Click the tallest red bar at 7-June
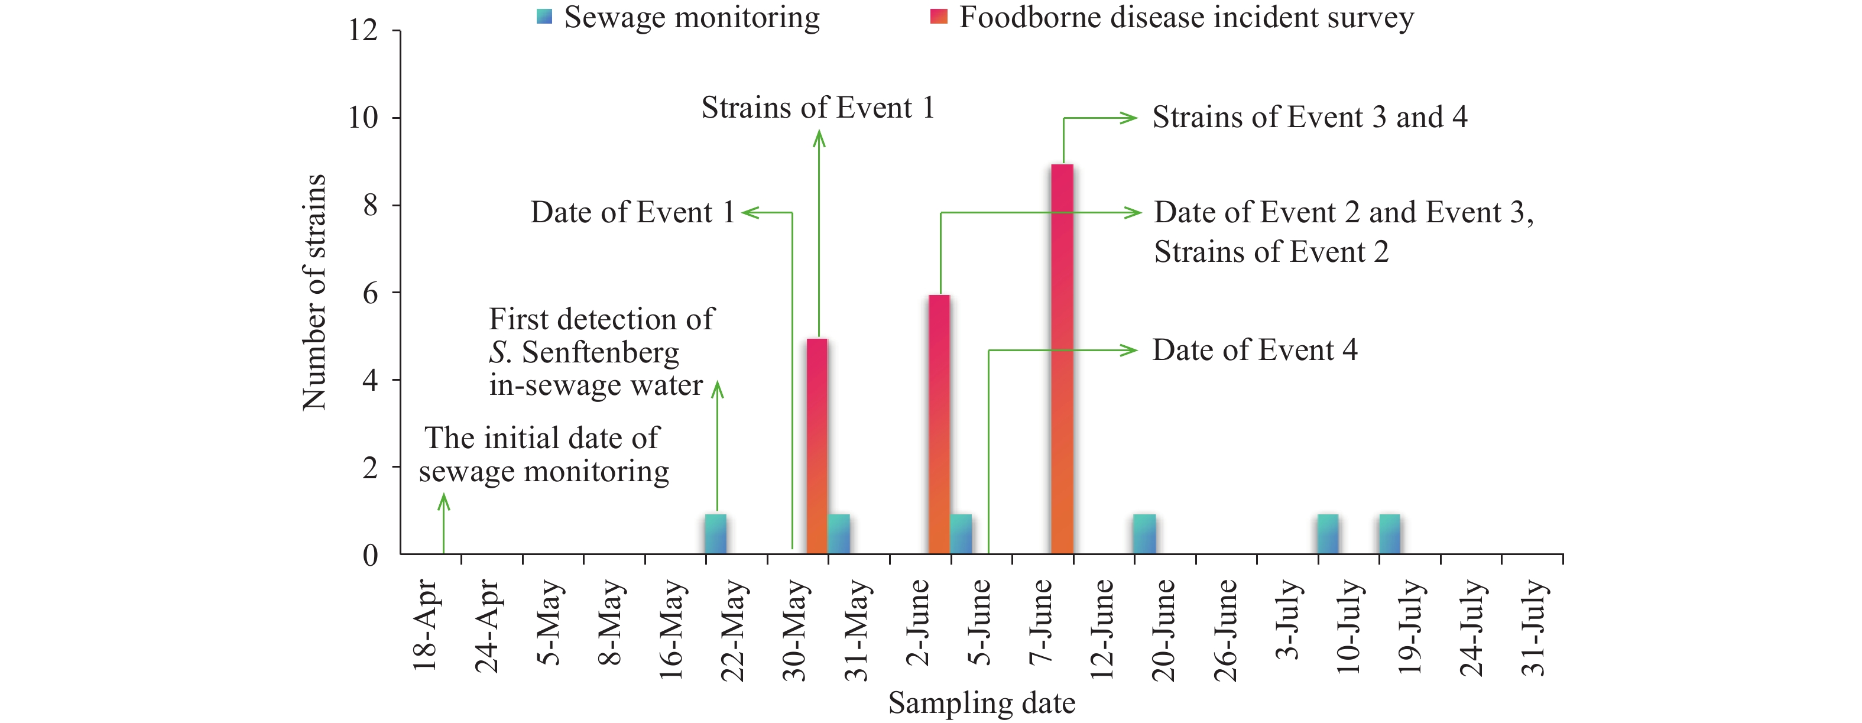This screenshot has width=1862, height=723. tap(1062, 359)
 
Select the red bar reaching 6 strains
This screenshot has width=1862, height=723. tap(939, 424)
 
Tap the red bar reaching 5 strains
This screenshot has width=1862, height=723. tap(817, 446)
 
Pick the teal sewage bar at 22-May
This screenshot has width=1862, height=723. tap(716, 534)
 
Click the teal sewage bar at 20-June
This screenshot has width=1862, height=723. tap(1145, 534)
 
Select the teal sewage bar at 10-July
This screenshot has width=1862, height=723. tap(1328, 534)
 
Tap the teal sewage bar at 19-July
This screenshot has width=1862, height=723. tap(1389, 534)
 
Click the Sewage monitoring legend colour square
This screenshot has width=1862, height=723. tap(544, 17)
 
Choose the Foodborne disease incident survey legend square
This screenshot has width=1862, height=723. tap(939, 17)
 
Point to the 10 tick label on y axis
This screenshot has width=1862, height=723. tap(364, 117)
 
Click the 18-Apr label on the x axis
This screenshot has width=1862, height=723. tap(425, 625)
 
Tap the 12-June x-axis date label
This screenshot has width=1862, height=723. tap(1102, 629)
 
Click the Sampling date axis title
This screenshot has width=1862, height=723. tap(982, 703)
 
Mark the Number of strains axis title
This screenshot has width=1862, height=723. tap(314, 292)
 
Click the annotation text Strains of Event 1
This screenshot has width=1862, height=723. tap(818, 108)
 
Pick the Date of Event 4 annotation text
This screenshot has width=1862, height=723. tap(1255, 350)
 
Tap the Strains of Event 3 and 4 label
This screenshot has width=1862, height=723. tap(1310, 117)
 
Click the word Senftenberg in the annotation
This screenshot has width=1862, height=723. tap(600, 353)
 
